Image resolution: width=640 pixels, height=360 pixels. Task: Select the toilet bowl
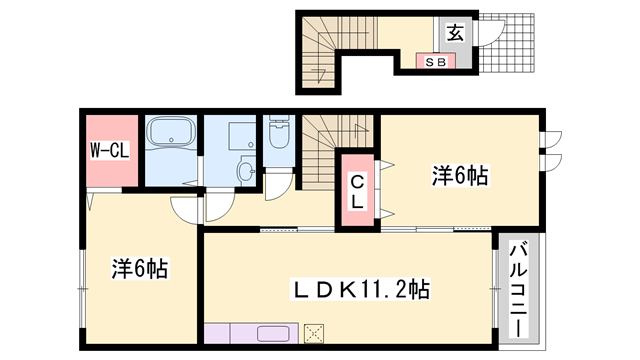coord(277,134)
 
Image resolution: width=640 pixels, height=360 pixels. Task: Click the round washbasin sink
coord(246,170)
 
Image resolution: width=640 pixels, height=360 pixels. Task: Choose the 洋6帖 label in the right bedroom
coord(460,175)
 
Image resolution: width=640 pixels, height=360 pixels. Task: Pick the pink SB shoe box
coord(436,61)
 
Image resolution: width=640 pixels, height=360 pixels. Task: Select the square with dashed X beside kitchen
coord(315,334)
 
